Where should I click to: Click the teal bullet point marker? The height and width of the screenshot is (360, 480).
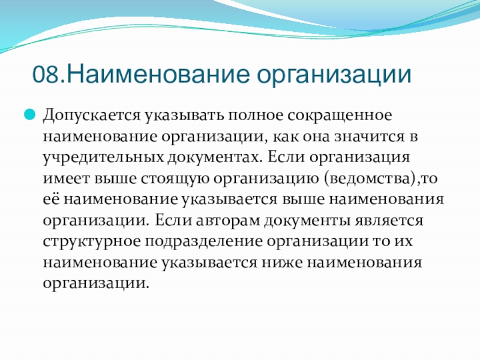[x=29, y=115]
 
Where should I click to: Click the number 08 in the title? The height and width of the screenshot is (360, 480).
[x=46, y=74]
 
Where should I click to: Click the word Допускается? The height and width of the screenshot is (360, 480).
[x=92, y=116]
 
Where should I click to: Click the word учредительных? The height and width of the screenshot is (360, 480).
[x=103, y=158]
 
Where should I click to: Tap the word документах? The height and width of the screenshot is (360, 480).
[x=215, y=158]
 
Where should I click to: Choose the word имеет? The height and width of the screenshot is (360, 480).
[x=67, y=178]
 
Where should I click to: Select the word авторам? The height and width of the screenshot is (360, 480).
[x=228, y=220]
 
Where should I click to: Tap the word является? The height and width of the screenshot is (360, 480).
[x=389, y=220]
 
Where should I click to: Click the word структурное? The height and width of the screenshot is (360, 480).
[x=92, y=242]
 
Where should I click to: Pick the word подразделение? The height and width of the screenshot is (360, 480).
[x=203, y=242]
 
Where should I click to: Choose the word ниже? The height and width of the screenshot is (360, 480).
[x=281, y=262]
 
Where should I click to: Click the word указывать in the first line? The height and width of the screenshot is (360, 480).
[x=184, y=116]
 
